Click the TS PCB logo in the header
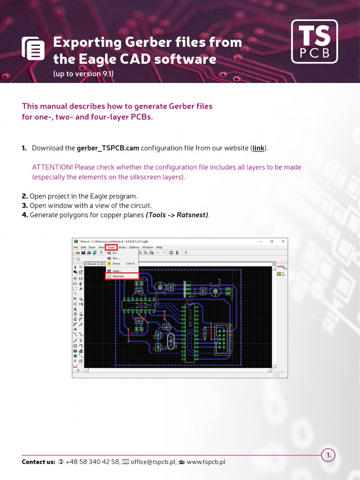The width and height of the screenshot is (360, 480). [314, 41]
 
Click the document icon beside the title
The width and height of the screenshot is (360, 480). [33, 48]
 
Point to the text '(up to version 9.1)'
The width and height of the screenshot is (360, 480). [83, 74]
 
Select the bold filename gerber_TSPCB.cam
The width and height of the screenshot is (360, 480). [108, 148]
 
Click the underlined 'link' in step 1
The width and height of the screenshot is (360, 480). [258, 148]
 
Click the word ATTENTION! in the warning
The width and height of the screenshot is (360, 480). [52, 167]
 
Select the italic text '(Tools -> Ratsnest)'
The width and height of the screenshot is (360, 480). [177, 215]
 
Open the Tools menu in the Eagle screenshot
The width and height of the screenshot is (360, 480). [111, 247]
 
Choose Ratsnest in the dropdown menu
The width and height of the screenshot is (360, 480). [119, 277]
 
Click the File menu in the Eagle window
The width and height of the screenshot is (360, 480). [75, 247]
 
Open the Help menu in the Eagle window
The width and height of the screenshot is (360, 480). [159, 247]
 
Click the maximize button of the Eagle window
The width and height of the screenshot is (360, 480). [271, 241]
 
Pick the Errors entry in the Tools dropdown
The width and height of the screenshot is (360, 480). [116, 263]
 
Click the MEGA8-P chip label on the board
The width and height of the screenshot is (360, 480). [190, 318]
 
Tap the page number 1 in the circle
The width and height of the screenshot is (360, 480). [328, 455]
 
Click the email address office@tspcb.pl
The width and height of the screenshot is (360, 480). [153, 462]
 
